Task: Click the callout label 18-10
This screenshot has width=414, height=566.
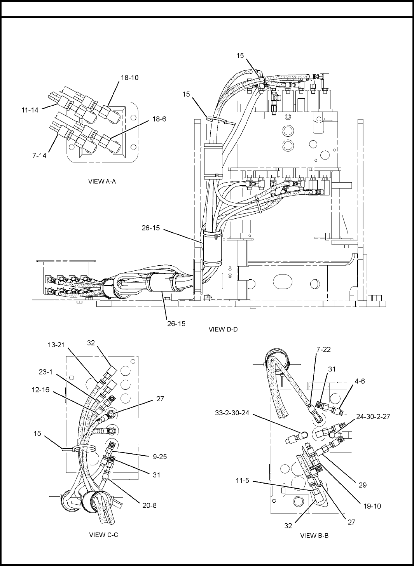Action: click(129, 77)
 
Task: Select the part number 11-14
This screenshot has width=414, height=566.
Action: click(30, 110)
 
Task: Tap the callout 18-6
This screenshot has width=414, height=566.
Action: click(159, 119)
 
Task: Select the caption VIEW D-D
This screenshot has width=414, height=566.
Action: click(223, 329)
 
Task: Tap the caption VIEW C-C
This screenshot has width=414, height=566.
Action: click(103, 535)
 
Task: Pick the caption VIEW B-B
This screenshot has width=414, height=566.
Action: click(314, 535)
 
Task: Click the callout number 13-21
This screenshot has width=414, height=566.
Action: click(57, 344)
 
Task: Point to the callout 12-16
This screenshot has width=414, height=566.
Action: click(41, 390)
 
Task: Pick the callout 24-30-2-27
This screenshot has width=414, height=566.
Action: click(373, 416)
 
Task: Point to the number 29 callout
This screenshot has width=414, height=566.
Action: click(362, 485)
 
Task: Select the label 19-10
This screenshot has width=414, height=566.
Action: click(372, 506)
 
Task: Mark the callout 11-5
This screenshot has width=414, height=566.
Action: click(245, 481)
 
